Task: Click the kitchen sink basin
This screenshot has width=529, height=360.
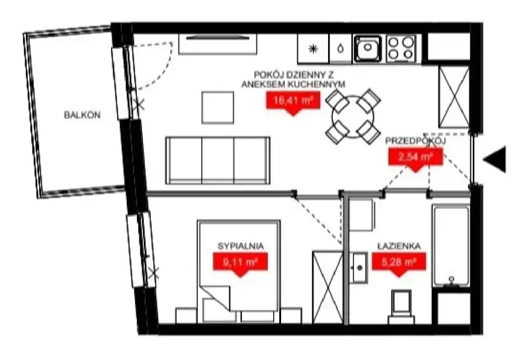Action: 368,49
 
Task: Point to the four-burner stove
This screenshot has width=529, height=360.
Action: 401,49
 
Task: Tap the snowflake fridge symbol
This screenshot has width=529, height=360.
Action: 313,50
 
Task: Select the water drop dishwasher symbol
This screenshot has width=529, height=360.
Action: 341,50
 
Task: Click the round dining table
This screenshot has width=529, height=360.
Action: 353,117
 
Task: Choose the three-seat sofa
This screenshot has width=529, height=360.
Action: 218,160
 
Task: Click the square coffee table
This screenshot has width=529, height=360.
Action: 218,108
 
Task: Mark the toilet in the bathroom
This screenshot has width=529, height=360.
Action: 401,306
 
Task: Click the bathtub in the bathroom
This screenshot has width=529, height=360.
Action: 451,246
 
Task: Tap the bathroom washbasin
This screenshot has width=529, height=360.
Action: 358,267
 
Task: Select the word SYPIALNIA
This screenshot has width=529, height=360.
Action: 241,246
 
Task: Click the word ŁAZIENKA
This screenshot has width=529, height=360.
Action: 399,246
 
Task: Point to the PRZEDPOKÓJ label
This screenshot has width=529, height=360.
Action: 415,141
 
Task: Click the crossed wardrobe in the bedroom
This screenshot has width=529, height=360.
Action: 327,287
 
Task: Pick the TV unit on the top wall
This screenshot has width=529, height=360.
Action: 218,44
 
